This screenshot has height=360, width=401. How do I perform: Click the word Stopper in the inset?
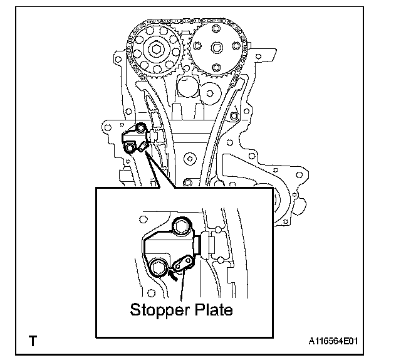155,309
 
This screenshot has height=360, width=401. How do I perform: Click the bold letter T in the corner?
33,342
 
